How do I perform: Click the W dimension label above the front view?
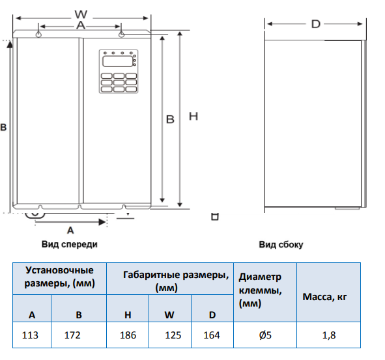(x=81, y=14)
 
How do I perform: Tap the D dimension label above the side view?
(x=316, y=24)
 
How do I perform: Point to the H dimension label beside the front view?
(x=193, y=116)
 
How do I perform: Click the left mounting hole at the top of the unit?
(x=38, y=35)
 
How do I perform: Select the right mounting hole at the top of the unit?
(x=121, y=35)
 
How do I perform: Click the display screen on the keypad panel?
(x=118, y=61)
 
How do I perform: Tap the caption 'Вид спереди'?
(x=70, y=244)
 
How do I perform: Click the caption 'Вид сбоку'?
(x=281, y=245)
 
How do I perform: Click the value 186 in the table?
(x=128, y=335)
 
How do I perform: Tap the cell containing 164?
(x=212, y=335)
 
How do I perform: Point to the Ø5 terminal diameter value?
(x=265, y=335)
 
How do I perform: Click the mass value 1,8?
(x=329, y=335)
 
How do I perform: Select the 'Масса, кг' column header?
(x=324, y=297)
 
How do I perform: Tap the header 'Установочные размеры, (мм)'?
(x=59, y=277)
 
